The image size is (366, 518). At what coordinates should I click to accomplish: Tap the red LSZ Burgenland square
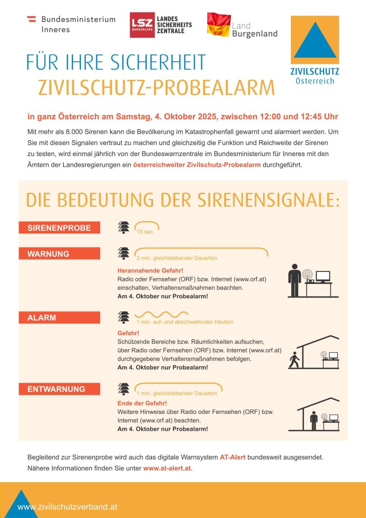click(141, 25)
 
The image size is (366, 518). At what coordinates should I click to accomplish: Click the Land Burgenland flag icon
click(218, 24)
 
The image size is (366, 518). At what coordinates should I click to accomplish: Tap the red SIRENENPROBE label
click(59, 227)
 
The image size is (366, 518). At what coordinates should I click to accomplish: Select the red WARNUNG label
click(59, 254)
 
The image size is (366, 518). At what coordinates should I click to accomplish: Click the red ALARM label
click(59, 318)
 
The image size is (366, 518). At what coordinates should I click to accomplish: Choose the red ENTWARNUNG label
click(59, 388)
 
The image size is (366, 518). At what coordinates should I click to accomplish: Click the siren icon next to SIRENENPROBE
click(124, 227)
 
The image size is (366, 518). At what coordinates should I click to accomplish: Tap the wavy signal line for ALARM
click(161, 314)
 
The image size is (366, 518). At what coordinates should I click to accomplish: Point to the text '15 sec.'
click(145, 232)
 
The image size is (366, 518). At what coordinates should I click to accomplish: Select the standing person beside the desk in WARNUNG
click(295, 280)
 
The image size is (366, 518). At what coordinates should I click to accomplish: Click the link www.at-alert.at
click(167, 468)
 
